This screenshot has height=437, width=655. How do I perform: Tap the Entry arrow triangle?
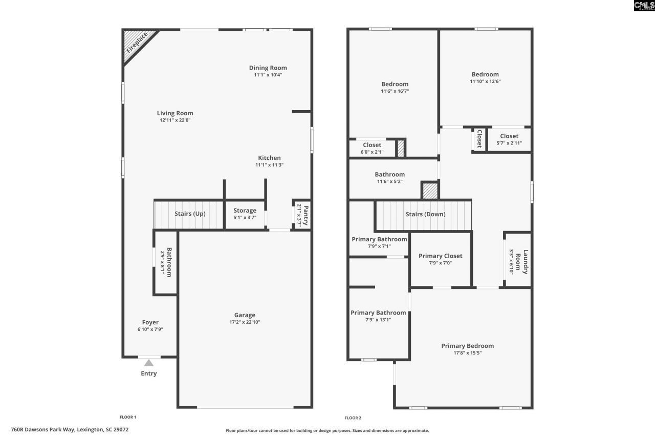point(148,363)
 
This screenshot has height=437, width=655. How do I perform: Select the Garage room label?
point(245,315)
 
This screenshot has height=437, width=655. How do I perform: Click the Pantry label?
point(305,215)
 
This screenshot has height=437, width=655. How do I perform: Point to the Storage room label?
point(245,211)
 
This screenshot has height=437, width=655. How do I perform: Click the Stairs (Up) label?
point(190,214)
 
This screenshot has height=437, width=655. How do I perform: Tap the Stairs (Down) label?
point(425,214)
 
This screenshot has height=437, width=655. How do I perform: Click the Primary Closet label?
point(440,256)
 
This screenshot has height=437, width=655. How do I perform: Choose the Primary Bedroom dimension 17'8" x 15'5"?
point(467,352)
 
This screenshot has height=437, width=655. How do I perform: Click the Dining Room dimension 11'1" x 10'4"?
point(268,75)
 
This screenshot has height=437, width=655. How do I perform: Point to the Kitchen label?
point(269,158)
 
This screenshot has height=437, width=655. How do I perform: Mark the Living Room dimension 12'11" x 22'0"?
point(175,120)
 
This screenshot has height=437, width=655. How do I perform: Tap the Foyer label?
point(150,323)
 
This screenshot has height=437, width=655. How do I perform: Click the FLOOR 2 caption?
point(353,418)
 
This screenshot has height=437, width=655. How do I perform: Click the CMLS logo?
point(644,6)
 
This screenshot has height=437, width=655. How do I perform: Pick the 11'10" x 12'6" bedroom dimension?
point(485,81)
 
